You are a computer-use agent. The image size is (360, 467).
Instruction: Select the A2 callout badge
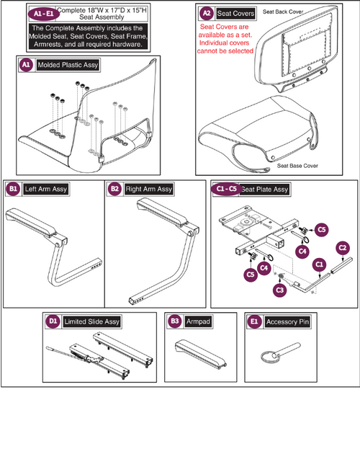[207, 13]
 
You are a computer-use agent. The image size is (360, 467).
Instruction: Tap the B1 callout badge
[13, 189]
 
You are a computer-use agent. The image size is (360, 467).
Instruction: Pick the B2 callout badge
[114, 189]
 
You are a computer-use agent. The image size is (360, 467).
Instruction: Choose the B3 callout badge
[174, 321]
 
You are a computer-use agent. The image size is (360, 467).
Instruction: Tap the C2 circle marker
[342, 246]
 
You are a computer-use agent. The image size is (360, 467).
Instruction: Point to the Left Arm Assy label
[45, 189]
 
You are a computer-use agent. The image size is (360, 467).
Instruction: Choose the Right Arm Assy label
[148, 189]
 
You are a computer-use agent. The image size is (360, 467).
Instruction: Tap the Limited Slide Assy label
[92, 321]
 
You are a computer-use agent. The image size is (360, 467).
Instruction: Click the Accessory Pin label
[287, 321]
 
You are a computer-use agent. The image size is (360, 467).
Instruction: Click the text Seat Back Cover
[284, 12]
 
